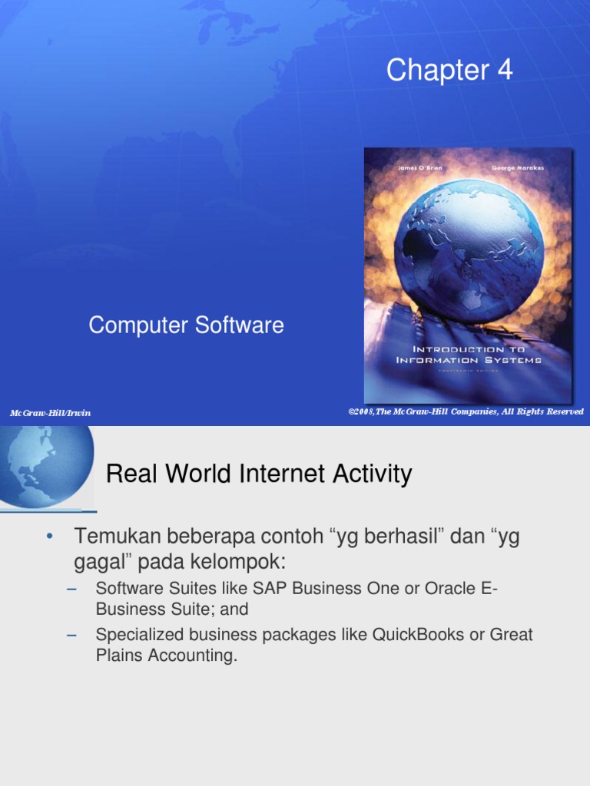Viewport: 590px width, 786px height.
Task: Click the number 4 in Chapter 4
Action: [504, 71]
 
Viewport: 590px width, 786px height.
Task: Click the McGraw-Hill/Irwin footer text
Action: [50, 413]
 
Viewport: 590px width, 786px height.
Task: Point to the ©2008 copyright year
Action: [361, 411]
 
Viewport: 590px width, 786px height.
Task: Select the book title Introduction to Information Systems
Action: [469, 355]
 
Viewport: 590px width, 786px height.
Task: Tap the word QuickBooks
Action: [414, 636]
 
